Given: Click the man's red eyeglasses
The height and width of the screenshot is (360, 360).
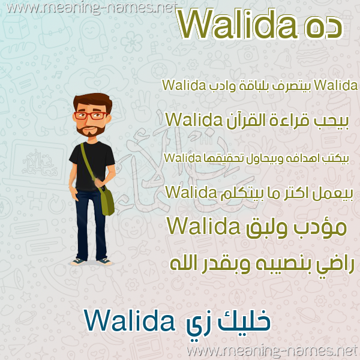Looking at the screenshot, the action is (x=91, y=115).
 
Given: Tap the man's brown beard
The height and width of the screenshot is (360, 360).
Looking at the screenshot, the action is (x=91, y=130).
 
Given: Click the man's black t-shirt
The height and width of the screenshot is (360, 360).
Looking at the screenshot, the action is (x=92, y=166).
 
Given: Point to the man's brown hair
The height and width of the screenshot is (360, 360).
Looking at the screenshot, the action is (x=93, y=101).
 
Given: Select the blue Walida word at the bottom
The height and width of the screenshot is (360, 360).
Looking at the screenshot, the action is (x=130, y=320).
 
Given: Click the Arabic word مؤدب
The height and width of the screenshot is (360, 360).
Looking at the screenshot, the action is (x=319, y=227).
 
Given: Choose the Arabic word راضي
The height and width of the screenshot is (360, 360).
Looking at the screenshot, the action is (x=335, y=266).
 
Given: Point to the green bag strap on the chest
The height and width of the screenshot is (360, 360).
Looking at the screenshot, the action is (x=88, y=161).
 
